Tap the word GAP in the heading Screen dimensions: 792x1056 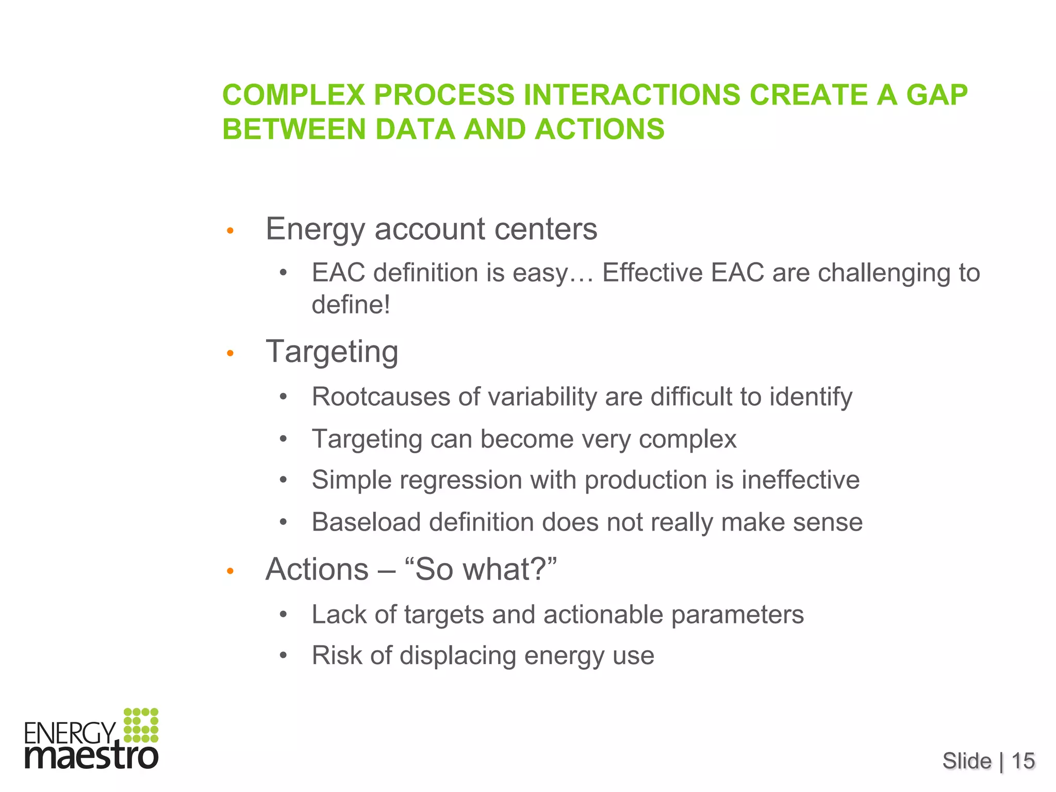click(x=936, y=95)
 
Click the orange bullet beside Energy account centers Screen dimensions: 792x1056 click(x=230, y=230)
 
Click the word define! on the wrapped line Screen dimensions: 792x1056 click(x=351, y=304)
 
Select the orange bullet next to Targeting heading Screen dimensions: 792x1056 click(x=230, y=354)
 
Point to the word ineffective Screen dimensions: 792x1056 click(x=800, y=480)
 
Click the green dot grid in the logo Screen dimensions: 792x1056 click(x=141, y=725)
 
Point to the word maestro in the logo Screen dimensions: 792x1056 click(x=91, y=757)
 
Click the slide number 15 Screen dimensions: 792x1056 click(x=1023, y=761)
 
